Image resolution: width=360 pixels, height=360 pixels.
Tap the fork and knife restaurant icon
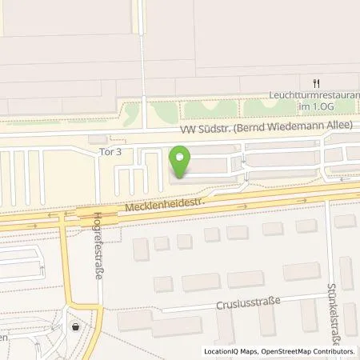(317, 83)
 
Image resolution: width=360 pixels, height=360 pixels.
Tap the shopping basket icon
(76, 326)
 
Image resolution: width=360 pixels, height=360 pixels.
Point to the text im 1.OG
(333, 105)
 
